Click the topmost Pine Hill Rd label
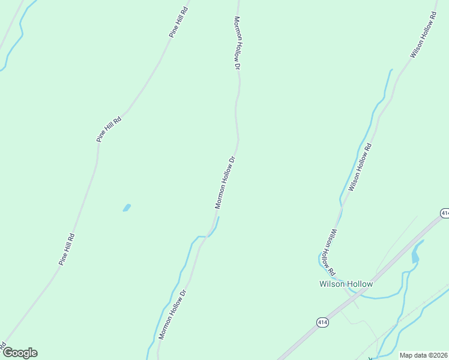(x=179, y=22)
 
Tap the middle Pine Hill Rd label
(x=109, y=129)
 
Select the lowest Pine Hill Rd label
(x=67, y=249)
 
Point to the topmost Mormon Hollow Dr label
(x=237, y=43)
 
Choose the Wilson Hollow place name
(x=346, y=284)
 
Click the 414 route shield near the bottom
(x=322, y=323)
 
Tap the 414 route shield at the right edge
(x=445, y=213)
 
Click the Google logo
(x=20, y=353)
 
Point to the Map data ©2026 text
(x=424, y=355)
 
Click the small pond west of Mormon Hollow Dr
(x=127, y=208)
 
